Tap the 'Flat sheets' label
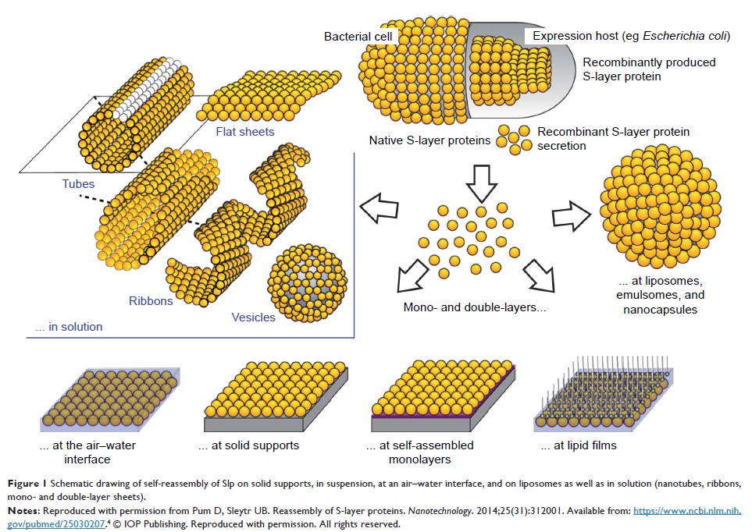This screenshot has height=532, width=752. (245, 131)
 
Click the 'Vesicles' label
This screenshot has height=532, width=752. (254, 317)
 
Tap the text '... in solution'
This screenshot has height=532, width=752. (69, 327)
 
